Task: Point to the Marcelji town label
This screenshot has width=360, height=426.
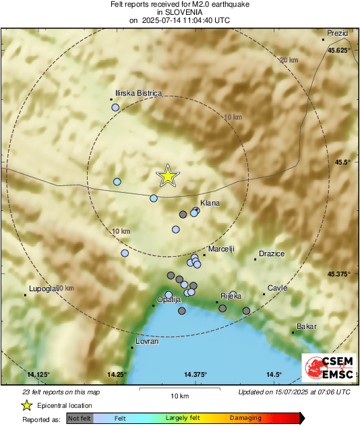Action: [x=221, y=249]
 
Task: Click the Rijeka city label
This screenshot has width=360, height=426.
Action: [x=231, y=296]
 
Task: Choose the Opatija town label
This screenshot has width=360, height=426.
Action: [x=169, y=299]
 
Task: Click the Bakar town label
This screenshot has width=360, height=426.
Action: [x=307, y=327]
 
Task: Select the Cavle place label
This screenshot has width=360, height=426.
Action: [x=277, y=288]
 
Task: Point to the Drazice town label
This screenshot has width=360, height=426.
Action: [x=271, y=253]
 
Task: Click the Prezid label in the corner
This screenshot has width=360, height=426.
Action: [x=336, y=33]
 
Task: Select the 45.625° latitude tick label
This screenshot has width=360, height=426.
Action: [x=338, y=51]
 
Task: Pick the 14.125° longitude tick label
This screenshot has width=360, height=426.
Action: [x=39, y=374]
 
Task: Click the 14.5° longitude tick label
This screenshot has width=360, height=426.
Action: [x=273, y=374]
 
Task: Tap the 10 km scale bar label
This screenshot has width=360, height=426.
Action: [x=179, y=395]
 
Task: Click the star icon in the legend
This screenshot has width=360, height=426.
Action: [x=26, y=405]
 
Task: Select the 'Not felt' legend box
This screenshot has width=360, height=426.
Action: [x=80, y=418]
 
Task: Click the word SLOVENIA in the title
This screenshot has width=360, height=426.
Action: [x=179, y=12]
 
